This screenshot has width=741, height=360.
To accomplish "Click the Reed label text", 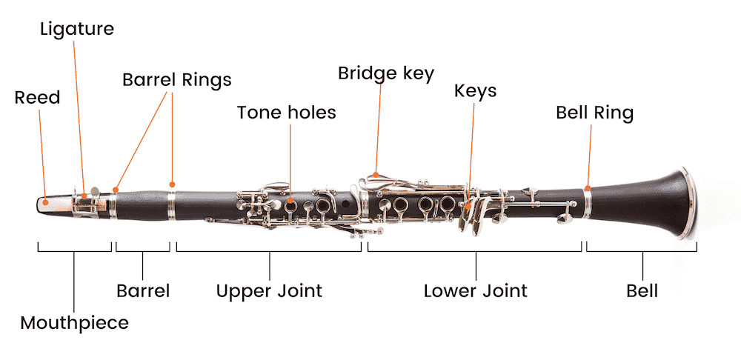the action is (37, 97).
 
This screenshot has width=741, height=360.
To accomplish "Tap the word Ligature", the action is (77, 30).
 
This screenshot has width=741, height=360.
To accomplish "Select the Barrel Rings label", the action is (177, 79).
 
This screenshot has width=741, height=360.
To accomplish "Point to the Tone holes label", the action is (286, 113).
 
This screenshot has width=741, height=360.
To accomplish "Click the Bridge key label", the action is (385, 73).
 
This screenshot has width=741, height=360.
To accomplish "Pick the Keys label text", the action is (476, 91).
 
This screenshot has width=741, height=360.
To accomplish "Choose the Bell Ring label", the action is (594, 113).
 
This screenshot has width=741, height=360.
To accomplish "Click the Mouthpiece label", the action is (74, 323).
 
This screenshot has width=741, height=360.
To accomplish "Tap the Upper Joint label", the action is (269, 290).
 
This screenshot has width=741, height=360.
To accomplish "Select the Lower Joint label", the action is (476, 290).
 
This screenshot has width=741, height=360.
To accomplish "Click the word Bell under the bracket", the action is (642, 290).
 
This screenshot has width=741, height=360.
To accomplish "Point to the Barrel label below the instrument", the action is (143, 290).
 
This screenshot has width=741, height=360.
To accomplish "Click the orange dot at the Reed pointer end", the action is (45, 201).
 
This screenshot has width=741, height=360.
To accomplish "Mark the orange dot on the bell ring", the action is (588, 188).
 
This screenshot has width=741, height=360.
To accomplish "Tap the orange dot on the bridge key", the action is (376, 174).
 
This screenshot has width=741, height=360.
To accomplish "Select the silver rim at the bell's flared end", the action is (691, 202).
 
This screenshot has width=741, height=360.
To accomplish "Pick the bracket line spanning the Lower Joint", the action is (474, 251).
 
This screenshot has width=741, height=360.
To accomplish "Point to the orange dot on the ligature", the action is (84, 196).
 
